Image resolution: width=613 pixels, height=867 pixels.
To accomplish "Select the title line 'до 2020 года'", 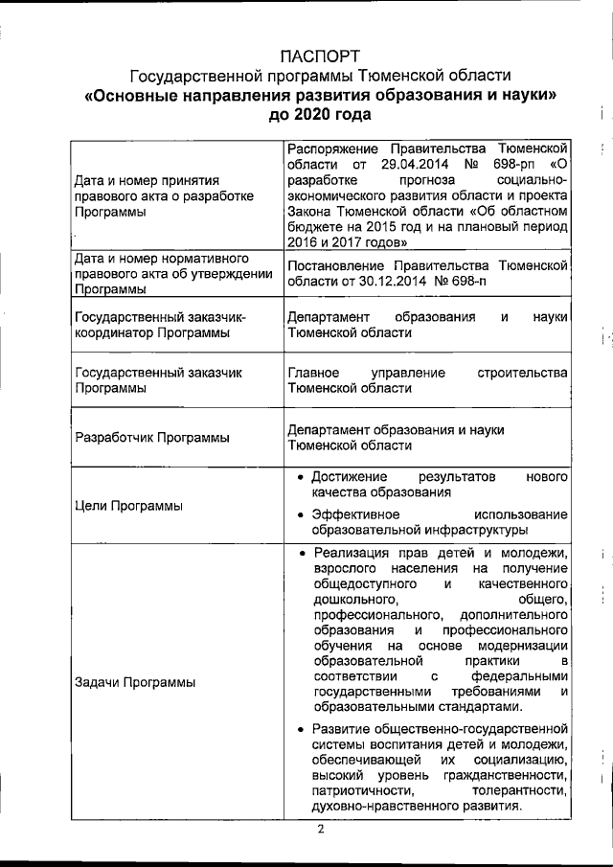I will click(320, 115).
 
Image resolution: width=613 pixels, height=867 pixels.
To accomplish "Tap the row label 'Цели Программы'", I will click(128, 505).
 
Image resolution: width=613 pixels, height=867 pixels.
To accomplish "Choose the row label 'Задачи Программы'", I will click(134, 682).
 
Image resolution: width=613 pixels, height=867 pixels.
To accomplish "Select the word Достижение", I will click(350, 476).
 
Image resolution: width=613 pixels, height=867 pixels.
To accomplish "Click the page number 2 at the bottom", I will click(322, 830).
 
